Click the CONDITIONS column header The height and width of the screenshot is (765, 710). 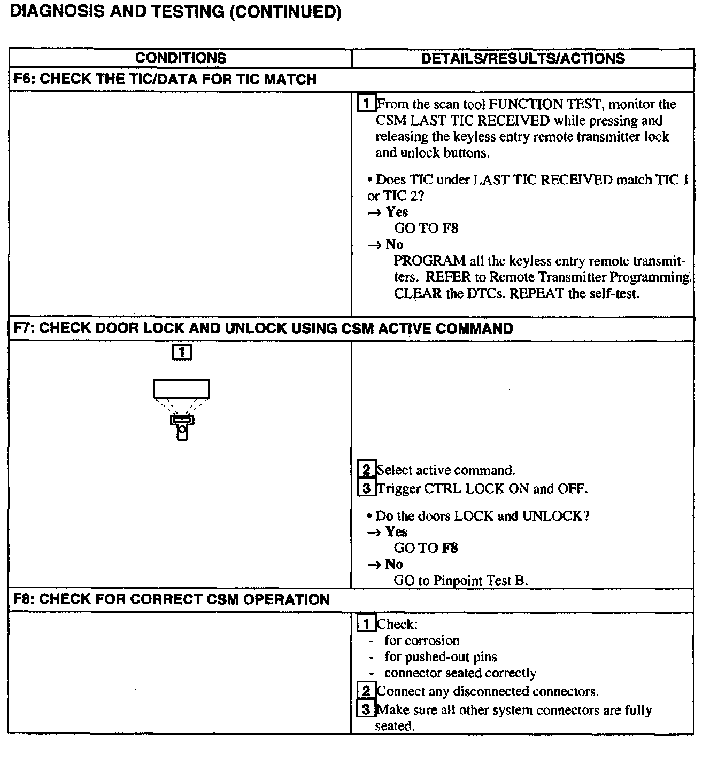click(x=181, y=58)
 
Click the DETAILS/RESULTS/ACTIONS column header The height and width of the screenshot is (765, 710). click(x=522, y=58)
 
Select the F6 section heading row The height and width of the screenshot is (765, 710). click(x=165, y=80)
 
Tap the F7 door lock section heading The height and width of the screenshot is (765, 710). click(x=263, y=328)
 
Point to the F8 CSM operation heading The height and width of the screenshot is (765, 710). click(x=171, y=599)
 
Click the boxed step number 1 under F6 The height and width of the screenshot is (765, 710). click(x=366, y=104)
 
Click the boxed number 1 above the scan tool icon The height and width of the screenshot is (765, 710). click(x=182, y=352)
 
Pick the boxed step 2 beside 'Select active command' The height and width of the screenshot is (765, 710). click(x=366, y=470)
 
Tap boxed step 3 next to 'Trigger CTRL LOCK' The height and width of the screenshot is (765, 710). click(x=366, y=488)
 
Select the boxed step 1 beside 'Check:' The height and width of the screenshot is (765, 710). click(x=366, y=624)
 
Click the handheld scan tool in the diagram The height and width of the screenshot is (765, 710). click(x=182, y=426)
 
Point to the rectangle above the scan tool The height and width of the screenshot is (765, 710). click(x=181, y=388)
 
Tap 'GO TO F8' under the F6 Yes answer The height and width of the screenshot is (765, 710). click(x=426, y=229)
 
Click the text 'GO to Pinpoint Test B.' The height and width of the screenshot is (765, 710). click(x=461, y=581)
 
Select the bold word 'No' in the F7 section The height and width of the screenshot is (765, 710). click(x=394, y=564)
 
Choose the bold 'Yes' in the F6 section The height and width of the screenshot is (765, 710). click(x=397, y=212)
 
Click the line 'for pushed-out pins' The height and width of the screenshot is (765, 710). click(x=441, y=657)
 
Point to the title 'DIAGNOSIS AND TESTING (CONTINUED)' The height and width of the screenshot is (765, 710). click(x=175, y=12)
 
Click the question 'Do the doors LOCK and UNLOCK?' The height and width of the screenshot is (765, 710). click(x=482, y=516)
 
